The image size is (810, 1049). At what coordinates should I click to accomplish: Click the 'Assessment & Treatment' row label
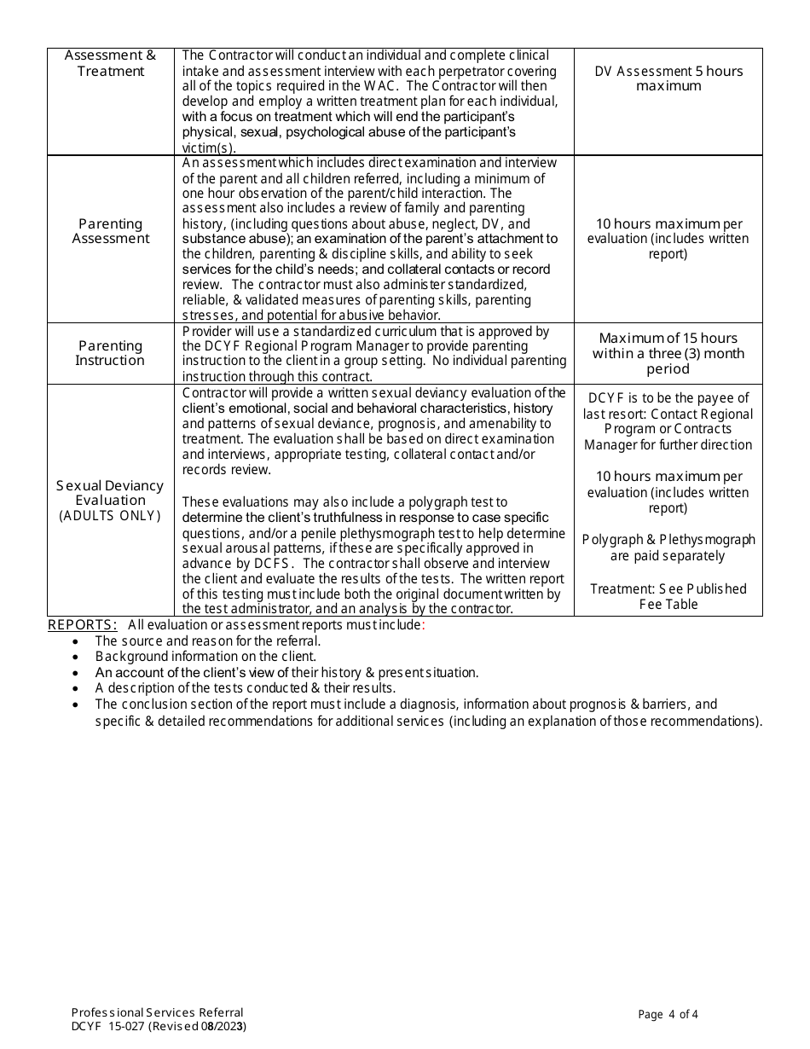(x=111, y=63)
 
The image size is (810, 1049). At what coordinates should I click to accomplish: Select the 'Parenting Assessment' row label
(x=111, y=231)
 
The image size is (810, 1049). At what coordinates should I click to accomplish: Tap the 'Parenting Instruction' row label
(x=111, y=353)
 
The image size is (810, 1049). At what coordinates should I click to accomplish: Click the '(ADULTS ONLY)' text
(x=110, y=516)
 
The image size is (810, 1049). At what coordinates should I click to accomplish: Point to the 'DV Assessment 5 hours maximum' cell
(x=668, y=78)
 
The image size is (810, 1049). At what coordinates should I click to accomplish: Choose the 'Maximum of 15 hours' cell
(x=668, y=339)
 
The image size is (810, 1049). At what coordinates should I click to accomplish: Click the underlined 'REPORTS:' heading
(x=82, y=625)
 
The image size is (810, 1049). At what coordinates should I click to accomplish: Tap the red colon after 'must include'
(x=424, y=625)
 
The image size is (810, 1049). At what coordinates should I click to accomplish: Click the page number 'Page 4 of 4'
(x=668, y=1014)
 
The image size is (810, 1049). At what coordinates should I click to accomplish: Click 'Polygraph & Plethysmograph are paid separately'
(x=668, y=548)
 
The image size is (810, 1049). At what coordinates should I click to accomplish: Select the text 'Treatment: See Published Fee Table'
(x=668, y=596)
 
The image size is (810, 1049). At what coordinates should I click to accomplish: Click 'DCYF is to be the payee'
(x=668, y=398)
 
